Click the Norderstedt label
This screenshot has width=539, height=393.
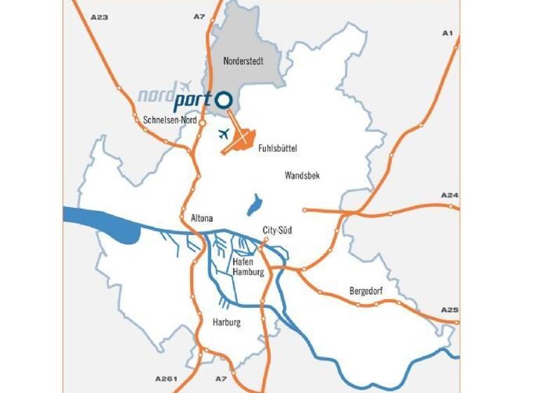point(244,61)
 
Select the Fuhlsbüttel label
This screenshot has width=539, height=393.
point(278,149)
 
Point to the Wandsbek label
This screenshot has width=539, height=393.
point(302,175)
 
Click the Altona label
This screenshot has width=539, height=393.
point(201,219)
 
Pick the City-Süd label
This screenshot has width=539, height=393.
point(277,230)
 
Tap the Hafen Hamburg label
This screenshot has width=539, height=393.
point(248,267)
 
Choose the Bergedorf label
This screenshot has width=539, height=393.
point(367,291)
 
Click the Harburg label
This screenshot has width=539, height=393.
point(226,323)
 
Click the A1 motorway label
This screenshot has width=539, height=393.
point(447,33)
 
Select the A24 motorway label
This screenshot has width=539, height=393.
point(449,194)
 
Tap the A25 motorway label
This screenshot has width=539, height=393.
point(449,309)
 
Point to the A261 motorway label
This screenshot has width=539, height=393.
point(166,380)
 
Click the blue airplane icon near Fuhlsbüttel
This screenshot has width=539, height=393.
point(225,133)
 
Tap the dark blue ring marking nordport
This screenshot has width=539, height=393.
point(224,100)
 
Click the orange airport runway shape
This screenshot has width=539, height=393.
point(240,140)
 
